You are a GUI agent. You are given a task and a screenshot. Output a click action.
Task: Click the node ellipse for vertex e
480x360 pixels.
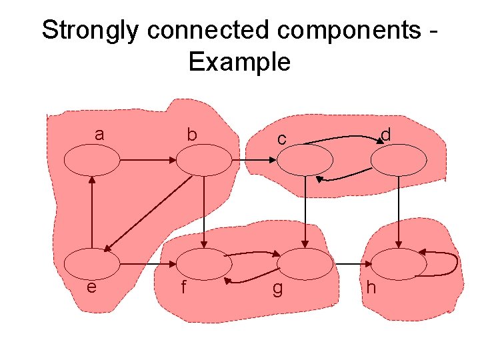(92, 264)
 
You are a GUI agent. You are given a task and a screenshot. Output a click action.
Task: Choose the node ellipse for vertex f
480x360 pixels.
(203, 264)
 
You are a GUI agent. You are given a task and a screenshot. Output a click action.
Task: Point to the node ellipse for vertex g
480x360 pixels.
(304, 264)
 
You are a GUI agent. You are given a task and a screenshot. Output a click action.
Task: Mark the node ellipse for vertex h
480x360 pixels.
(398, 264)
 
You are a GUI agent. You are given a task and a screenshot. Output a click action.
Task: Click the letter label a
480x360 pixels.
(99, 134)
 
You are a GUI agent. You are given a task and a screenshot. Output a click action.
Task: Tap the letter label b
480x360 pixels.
(192, 135)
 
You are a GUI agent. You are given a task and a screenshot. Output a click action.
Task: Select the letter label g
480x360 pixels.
(278, 289)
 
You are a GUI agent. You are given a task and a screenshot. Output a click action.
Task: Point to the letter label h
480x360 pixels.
(371, 287)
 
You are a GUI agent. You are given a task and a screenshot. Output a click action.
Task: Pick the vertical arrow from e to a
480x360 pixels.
(92, 211)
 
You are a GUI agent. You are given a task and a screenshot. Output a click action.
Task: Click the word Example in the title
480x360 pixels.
(239, 62)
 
